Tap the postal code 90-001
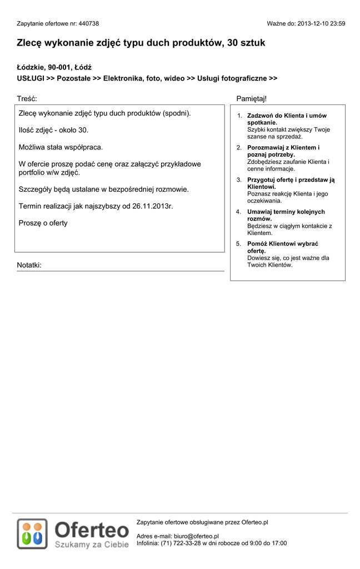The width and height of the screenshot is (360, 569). pyautogui.click(x=59, y=67)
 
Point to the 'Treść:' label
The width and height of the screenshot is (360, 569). pyautogui.click(x=27, y=98)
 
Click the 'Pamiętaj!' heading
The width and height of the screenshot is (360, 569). pyautogui.click(x=251, y=98)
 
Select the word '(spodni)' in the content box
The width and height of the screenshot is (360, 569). pyautogui.click(x=177, y=113)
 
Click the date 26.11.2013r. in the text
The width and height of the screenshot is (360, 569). pyautogui.click(x=153, y=206)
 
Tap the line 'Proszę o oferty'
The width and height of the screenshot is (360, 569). pyautogui.click(x=43, y=223)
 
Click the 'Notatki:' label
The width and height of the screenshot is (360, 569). pyautogui.click(x=29, y=265)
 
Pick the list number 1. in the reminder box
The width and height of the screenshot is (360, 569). pyautogui.click(x=239, y=116)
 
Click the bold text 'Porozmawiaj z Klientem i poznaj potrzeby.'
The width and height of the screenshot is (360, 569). pyautogui.click(x=283, y=151)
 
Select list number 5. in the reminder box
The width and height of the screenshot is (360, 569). pyautogui.click(x=239, y=244)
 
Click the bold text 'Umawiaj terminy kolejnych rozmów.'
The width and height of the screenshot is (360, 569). pyautogui.click(x=286, y=215)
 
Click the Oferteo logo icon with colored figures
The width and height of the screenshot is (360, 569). pyautogui.click(x=32, y=533)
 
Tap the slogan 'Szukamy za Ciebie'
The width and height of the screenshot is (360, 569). pyautogui.click(x=92, y=545)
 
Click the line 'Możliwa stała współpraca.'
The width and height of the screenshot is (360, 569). pyautogui.click(x=61, y=147)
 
